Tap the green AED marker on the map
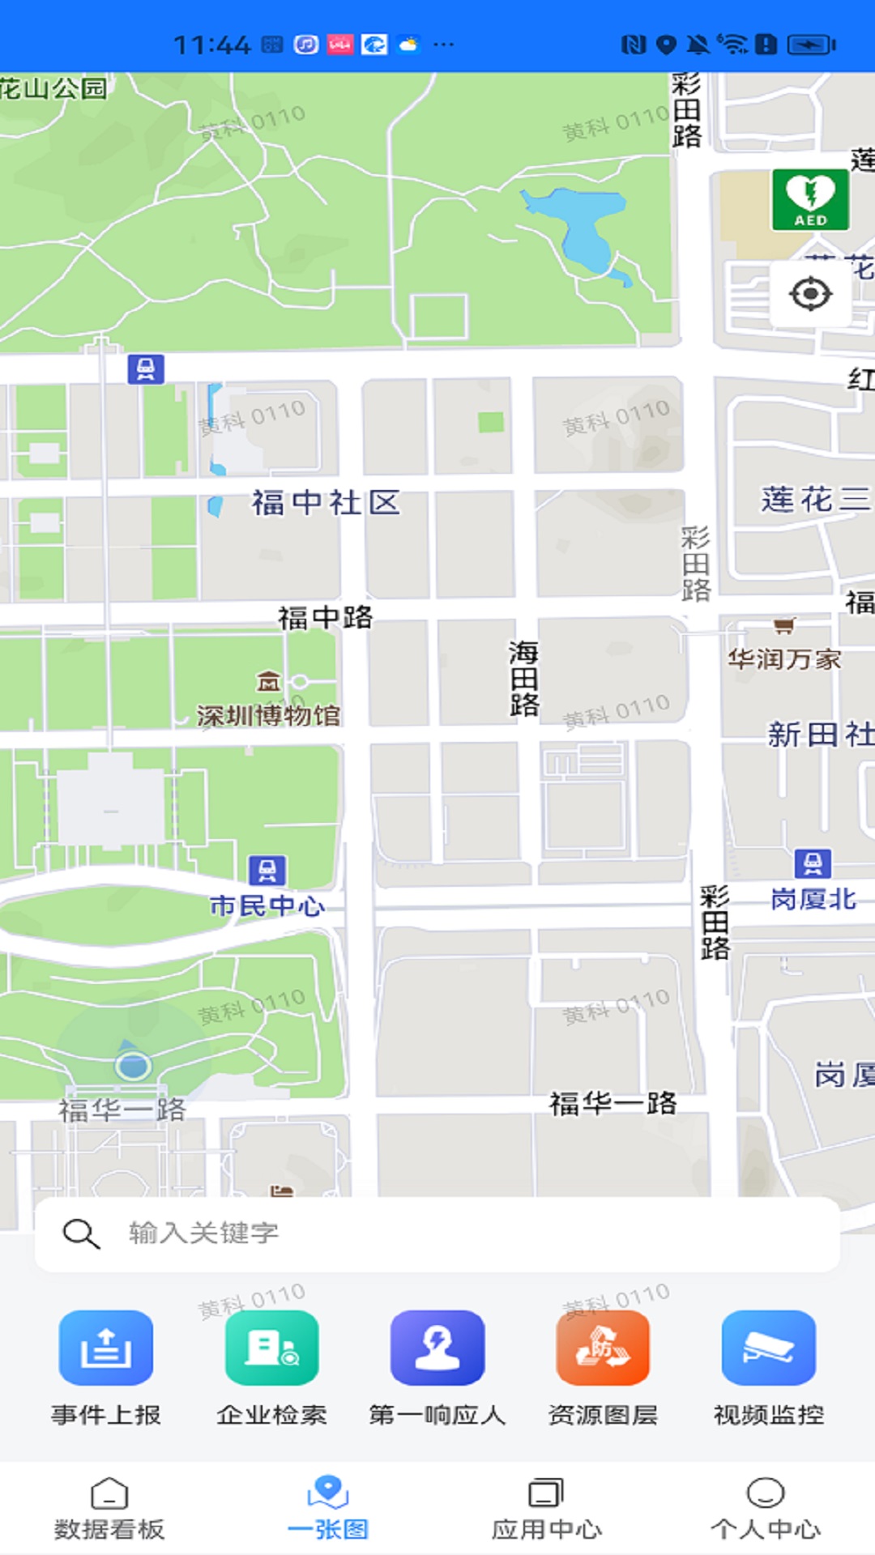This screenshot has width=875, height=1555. pyautogui.click(x=810, y=199)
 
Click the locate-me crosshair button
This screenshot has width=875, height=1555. pyautogui.click(x=810, y=293)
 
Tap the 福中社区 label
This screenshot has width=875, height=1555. pyautogui.click(x=325, y=503)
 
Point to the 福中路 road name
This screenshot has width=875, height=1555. pyautogui.click(x=325, y=618)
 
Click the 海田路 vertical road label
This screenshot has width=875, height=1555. pyautogui.click(x=524, y=678)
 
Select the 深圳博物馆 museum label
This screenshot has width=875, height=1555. pyautogui.click(x=268, y=715)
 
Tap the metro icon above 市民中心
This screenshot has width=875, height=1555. pyautogui.click(x=267, y=871)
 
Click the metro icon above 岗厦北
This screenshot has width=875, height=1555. pyautogui.click(x=813, y=863)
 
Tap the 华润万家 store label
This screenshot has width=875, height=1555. pyautogui.click(x=783, y=659)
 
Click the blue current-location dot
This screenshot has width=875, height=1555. pyautogui.click(x=133, y=1066)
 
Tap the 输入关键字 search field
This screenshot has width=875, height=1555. pyautogui.click(x=437, y=1233)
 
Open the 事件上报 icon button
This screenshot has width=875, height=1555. pyautogui.click(x=106, y=1348)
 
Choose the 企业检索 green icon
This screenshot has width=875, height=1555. pyautogui.click(x=271, y=1348)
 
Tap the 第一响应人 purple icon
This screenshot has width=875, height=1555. pyautogui.click(x=437, y=1348)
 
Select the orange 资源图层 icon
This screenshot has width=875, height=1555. pyautogui.click(x=603, y=1348)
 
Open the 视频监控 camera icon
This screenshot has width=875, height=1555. pyautogui.click(x=768, y=1348)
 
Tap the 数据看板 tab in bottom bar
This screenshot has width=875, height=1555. pyautogui.click(x=109, y=1508)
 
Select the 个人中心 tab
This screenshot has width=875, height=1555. pyautogui.click(x=765, y=1508)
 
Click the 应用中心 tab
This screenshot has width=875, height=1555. pyautogui.click(x=546, y=1508)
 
